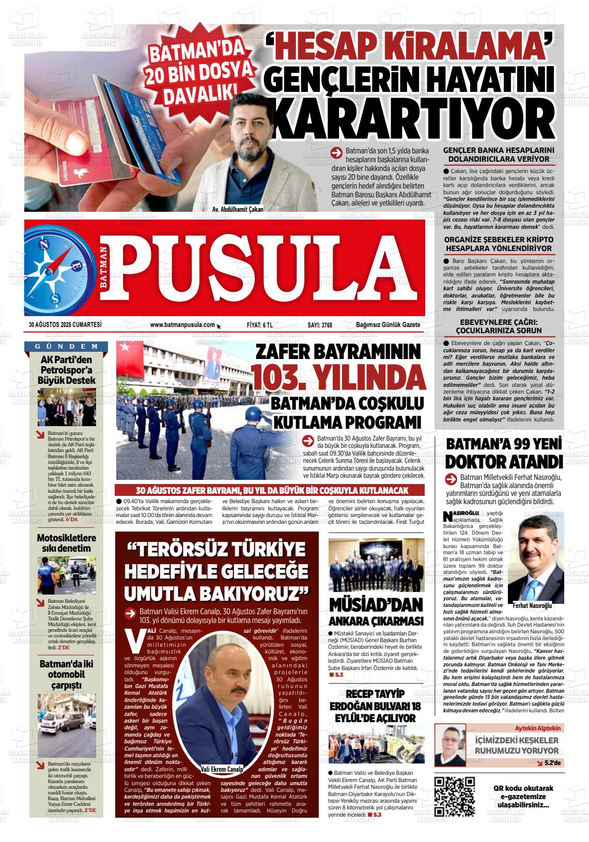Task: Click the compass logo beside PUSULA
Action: click(62, 269)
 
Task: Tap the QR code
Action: click(455, 796)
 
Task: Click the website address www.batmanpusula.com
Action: click(182, 324)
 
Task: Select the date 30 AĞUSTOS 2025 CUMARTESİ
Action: click(65, 324)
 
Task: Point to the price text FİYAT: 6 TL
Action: click(259, 325)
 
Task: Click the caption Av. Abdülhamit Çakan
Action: click(237, 209)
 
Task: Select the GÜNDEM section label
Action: click(67, 346)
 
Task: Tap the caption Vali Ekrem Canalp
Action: click(222, 768)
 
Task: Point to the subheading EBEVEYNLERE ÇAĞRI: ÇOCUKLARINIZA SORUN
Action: click(499, 326)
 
